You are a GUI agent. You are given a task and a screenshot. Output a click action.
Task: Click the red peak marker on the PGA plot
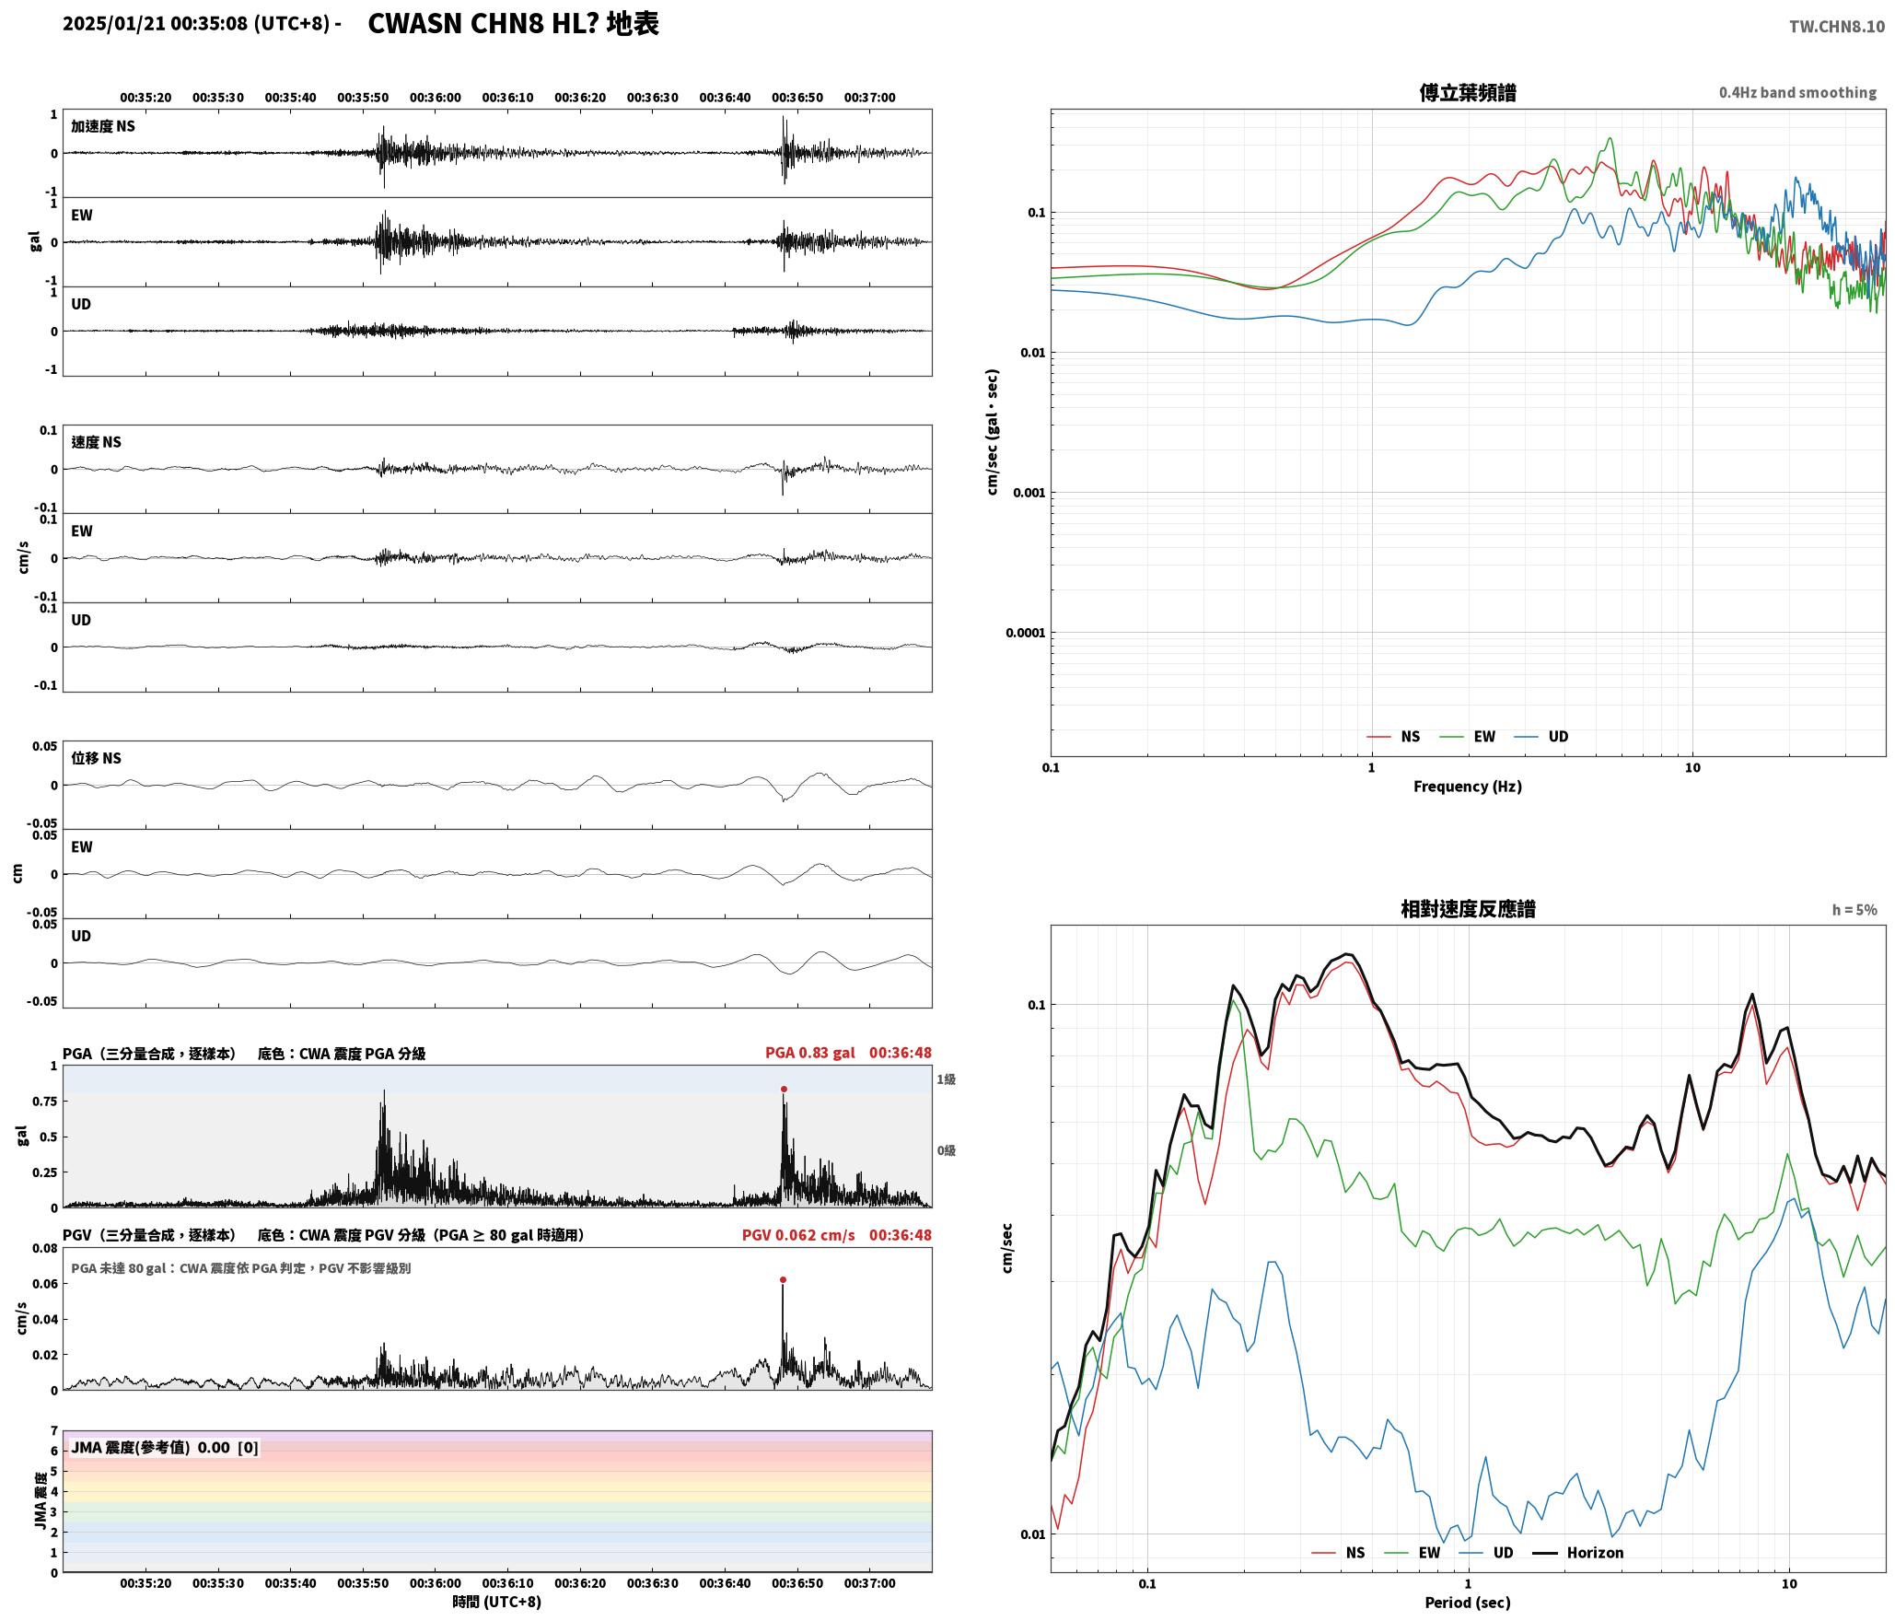pyautogui.click(x=784, y=1090)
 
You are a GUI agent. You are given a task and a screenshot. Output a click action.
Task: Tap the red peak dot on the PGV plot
pyautogui.click(x=783, y=1279)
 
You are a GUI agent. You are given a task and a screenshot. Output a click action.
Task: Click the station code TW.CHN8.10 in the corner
pyautogui.click(x=1837, y=27)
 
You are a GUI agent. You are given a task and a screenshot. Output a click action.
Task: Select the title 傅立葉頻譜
pyautogui.click(x=1468, y=92)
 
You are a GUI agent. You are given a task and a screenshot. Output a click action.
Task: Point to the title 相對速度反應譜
pyautogui.click(x=1468, y=908)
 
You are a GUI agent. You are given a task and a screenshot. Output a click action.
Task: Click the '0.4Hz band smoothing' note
pyautogui.click(x=1797, y=92)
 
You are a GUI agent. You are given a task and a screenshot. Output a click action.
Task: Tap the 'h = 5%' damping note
pyautogui.click(x=1854, y=910)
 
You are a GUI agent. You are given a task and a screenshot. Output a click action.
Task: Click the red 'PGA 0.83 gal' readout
pyautogui.click(x=809, y=1052)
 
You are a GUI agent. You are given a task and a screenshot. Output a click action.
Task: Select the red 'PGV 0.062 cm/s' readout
pyautogui.click(x=798, y=1234)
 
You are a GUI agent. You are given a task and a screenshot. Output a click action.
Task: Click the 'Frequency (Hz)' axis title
pyautogui.click(x=1468, y=786)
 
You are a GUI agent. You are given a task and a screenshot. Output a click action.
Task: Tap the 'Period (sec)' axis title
pyautogui.click(x=1468, y=1602)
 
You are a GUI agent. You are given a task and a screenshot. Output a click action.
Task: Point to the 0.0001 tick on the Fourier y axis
pyautogui.click(x=1026, y=633)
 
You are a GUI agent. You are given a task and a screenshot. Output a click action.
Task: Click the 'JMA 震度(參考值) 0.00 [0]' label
pyautogui.click(x=165, y=1447)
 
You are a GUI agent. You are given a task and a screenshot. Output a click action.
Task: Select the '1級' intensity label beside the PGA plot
pyautogui.click(x=947, y=1079)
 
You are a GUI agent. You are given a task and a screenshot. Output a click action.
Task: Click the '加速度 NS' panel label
pyautogui.click(x=103, y=126)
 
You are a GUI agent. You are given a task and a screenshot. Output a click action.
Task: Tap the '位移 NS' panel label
pyautogui.click(x=97, y=758)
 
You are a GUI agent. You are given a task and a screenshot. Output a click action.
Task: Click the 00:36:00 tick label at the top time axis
pyautogui.click(x=435, y=98)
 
